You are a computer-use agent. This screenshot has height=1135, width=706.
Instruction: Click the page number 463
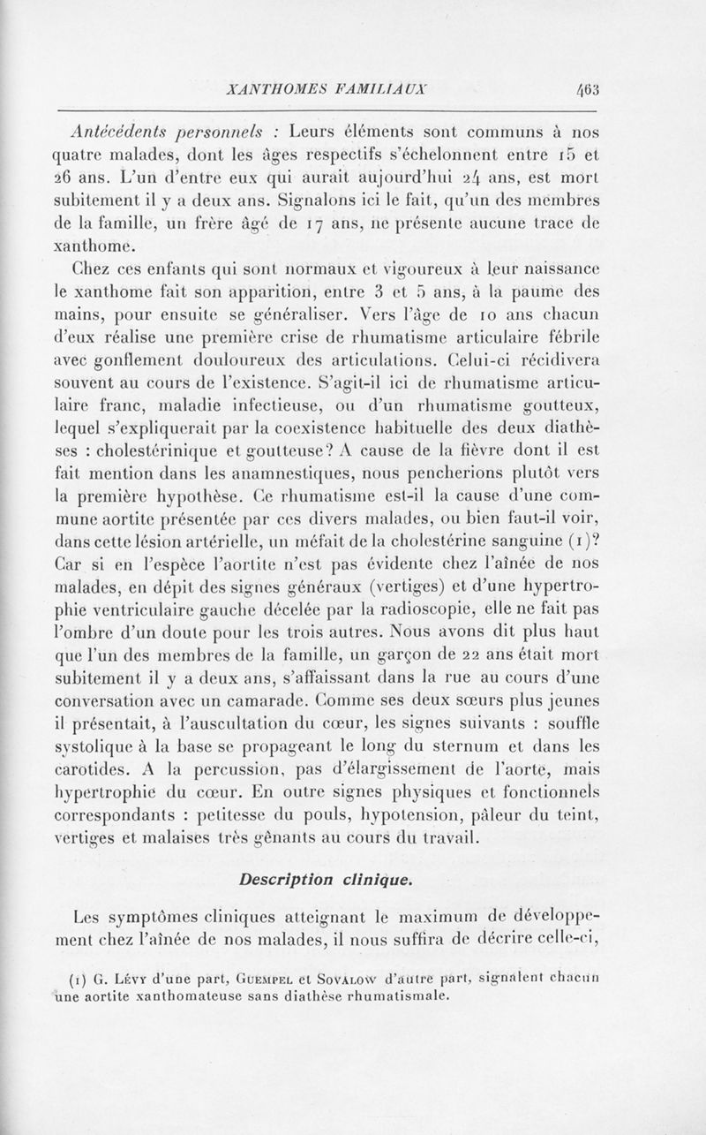pos(588,88)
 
